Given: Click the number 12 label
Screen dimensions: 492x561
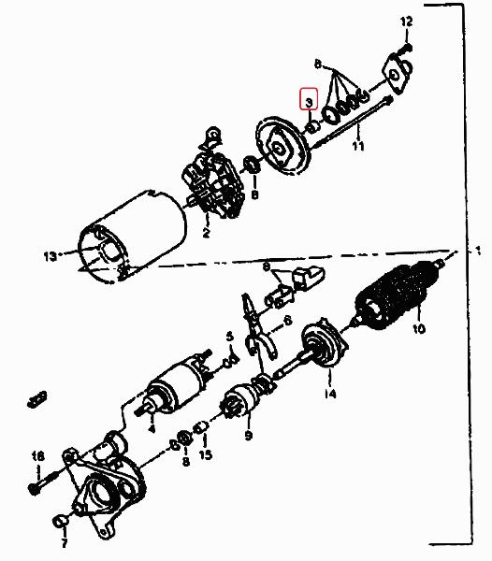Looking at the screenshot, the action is coord(406,22).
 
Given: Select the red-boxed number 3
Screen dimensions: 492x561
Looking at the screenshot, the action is coord(309,102).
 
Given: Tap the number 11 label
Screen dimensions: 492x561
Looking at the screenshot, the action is coord(358,146).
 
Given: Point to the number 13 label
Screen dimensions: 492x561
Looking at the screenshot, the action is coord(51,256).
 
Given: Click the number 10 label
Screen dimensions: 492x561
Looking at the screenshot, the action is coord(419,328).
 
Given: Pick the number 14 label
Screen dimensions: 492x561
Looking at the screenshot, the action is coord(330,394).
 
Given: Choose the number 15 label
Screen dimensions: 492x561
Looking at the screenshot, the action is coord(206,454).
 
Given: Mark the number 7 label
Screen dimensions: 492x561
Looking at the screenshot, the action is coord(64,542).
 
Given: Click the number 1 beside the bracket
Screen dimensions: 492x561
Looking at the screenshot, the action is coord(478,250).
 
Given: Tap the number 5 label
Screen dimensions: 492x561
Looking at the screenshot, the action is coord(230,337).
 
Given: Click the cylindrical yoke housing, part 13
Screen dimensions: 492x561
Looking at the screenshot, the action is coord(133,237).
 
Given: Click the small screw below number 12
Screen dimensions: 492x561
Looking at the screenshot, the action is coord(405,50).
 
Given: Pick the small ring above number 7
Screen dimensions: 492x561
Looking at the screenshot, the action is coord(60,522).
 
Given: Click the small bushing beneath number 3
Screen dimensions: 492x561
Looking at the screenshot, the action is coord(312,126).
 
